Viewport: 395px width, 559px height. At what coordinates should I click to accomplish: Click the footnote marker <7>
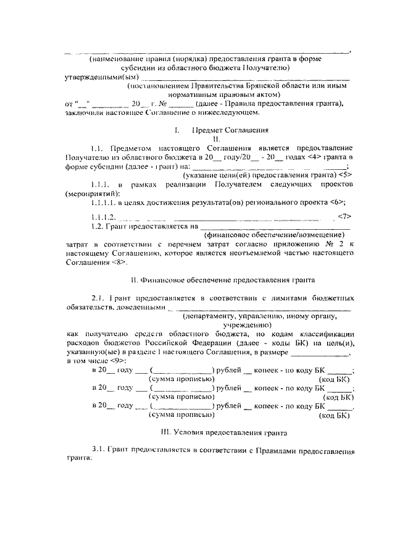345,216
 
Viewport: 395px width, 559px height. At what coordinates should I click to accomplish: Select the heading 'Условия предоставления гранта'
224,435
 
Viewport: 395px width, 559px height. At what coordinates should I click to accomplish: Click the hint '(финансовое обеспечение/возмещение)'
274,235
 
